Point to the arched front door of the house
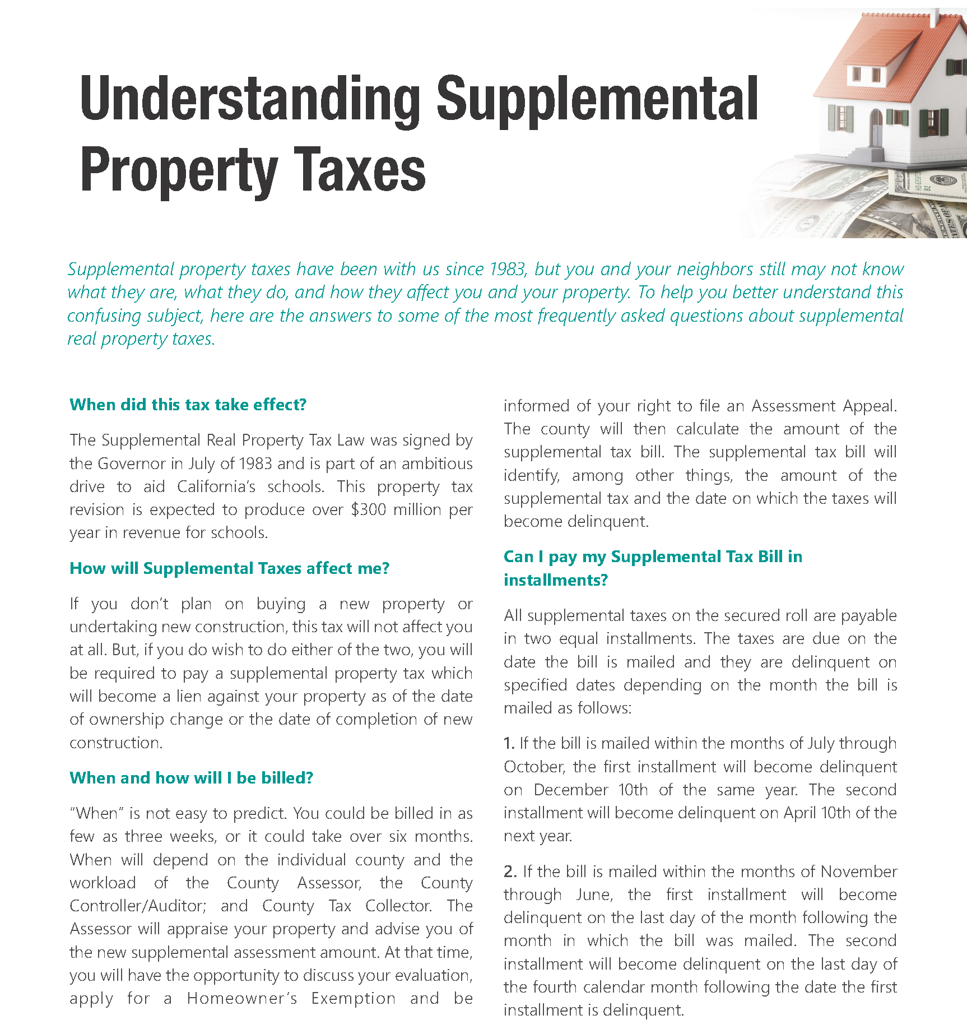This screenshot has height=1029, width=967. click(876, 128)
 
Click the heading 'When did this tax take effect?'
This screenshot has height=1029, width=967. click(188, 405)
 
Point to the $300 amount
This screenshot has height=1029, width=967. click(368, 510)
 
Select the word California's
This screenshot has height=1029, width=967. click(216, 487)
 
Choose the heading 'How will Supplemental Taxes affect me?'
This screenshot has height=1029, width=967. click(229, 568)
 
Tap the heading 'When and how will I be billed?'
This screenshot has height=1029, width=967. click(191, 778)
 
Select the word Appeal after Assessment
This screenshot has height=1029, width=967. click(868, 406)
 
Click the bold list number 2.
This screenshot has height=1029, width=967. click(510, 872)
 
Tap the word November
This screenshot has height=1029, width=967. click(858, 872)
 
